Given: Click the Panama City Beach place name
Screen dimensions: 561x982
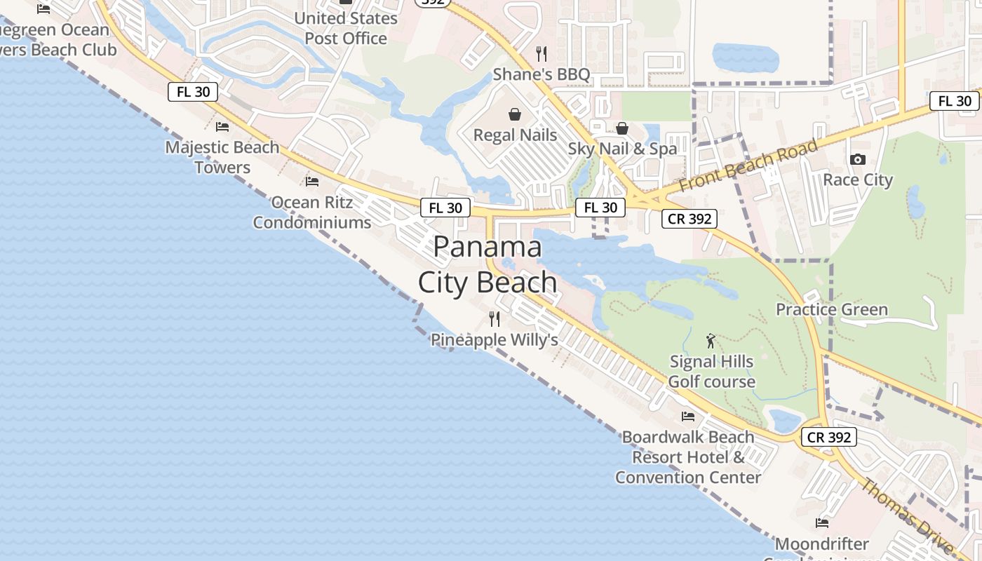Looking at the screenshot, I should (488, 264).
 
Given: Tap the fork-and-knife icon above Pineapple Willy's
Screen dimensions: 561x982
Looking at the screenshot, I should (495, 319).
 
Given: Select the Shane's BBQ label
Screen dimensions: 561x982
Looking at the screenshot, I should (541, 74).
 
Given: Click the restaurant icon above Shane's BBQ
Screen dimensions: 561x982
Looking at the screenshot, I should (541, 53).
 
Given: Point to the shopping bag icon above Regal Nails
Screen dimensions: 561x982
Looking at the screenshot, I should (515, 114).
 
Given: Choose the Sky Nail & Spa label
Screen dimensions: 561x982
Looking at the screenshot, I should (622, 149).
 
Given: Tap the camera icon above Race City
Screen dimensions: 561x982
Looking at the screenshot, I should (857, 160).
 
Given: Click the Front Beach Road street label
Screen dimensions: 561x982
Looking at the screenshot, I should (748, 166).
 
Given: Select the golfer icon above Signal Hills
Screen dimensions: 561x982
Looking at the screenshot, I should (711, 341).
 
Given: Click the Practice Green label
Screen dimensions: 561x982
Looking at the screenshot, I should (831, 309).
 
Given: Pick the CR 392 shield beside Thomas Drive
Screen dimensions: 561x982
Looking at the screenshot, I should (829, 437).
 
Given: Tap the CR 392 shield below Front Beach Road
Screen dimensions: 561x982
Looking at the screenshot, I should (690, 219).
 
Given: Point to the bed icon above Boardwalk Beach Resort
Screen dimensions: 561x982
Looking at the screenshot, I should (688, 417).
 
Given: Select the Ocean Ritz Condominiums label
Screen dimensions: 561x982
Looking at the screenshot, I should (312, 212).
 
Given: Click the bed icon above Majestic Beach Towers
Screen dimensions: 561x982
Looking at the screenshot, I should (222, 127).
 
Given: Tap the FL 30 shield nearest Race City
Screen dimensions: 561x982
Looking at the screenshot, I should (955, 101).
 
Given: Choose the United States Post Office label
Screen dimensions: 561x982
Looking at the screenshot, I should (346, 28).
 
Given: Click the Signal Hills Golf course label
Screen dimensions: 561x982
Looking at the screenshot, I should (711, 372).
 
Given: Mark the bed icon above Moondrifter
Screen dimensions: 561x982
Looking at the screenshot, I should (822, 523).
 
